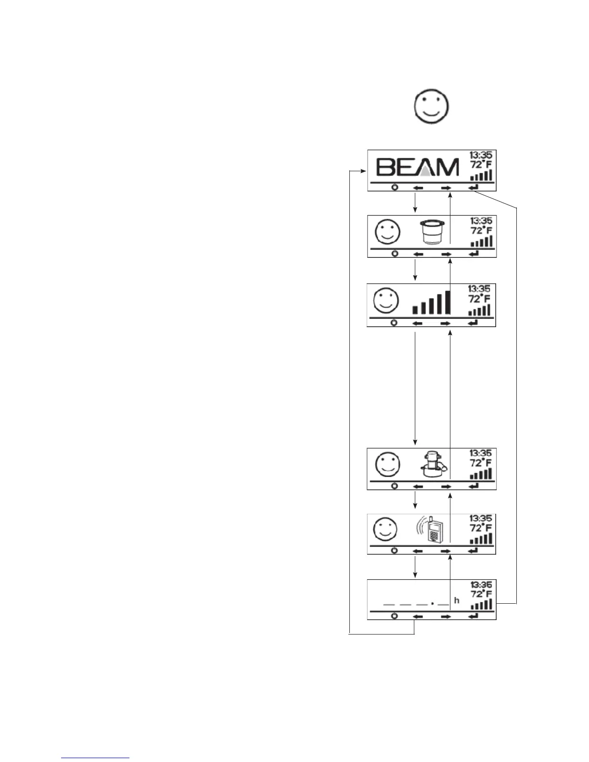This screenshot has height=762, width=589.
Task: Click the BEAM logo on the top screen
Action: point(417,168)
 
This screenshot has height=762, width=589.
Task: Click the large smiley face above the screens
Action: point(431,107)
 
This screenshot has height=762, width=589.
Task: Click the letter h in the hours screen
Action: point(457,600)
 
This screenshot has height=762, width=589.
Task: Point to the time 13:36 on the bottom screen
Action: point(481,585)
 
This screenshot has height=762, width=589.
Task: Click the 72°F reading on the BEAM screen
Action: point(481,165)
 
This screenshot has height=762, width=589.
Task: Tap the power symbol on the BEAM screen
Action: point(395,187)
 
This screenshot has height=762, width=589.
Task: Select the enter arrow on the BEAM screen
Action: point(474,187)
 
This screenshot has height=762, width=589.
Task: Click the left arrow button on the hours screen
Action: point(418,616)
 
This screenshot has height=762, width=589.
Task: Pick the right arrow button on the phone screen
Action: point(446,550)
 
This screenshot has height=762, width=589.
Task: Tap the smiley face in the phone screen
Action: point(385,530)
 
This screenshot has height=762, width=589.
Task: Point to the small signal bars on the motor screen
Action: point(481,474)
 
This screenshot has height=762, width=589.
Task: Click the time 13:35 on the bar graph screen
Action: point(479,289)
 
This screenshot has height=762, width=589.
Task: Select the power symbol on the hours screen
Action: point(395,616)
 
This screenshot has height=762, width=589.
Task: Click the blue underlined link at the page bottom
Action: point(96,758)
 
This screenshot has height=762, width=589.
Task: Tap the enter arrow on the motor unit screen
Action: point(474,486)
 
